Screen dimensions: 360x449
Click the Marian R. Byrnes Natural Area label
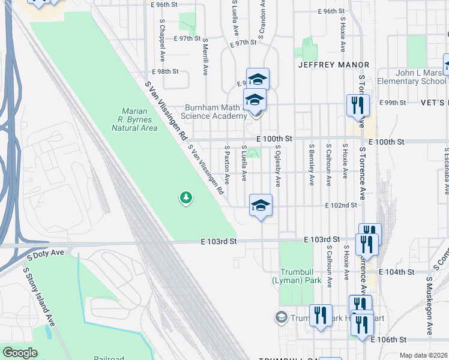139,119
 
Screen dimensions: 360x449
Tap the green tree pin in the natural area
186,197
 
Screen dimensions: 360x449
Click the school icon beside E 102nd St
261,206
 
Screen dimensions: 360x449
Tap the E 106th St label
389,340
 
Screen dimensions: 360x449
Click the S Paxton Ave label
227,164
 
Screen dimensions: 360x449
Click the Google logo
20,353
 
